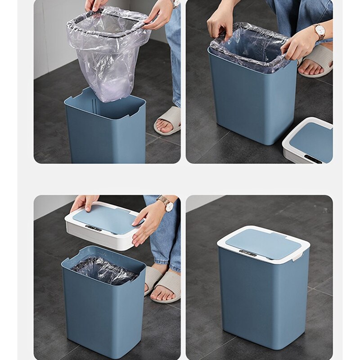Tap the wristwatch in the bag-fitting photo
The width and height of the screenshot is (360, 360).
click(x=320, y=31)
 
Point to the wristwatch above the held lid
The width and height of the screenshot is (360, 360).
click(x=167, y=205)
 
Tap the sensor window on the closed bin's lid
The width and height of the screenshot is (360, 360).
click(x=247, y=253)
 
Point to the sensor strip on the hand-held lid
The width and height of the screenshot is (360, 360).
click(x=93, y=228)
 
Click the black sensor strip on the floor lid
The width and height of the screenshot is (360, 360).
click(x=313, y=159)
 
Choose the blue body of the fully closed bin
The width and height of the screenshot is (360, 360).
click(x=263, y=301)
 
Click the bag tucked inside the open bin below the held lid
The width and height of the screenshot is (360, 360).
click(x=103, y=270)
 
